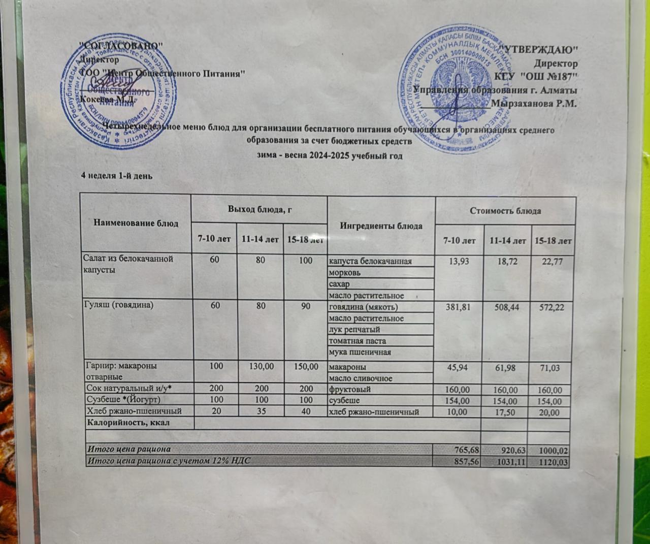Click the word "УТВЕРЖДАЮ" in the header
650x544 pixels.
(539, 50)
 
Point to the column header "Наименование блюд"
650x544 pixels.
(136, 223)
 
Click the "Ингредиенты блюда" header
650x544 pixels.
(381, 226)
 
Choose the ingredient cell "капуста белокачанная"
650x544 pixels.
(370, 262)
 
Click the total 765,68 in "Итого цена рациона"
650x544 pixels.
(463, 449)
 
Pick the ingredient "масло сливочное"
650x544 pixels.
(361, 378)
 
